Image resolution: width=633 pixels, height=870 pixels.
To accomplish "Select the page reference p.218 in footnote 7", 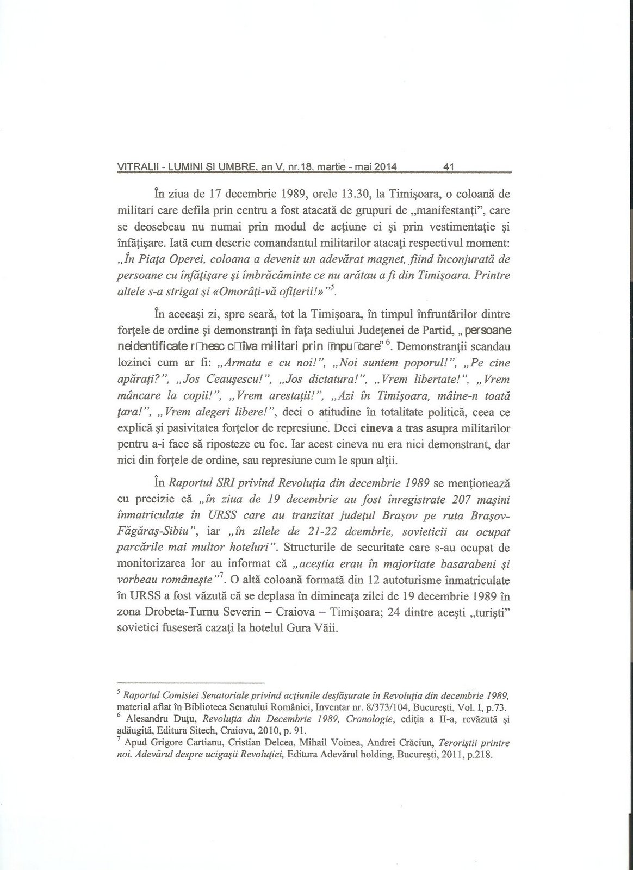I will click(481, 755).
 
